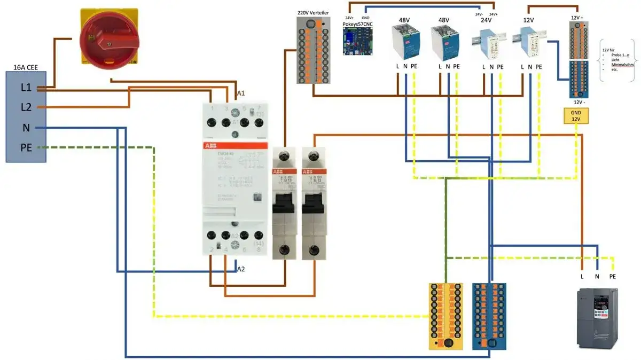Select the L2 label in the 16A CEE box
coord(26,107)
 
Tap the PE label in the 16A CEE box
coord(26,147)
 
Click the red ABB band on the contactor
coord(234,146)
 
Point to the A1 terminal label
coord(240,93)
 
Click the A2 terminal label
coord(241,269)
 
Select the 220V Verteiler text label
coord(315,12)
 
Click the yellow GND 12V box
coord(576,115)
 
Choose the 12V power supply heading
coord(529,20)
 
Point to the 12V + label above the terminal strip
coord(577,17)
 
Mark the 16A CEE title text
coord(26,67)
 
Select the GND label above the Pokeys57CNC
coord(365,18)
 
